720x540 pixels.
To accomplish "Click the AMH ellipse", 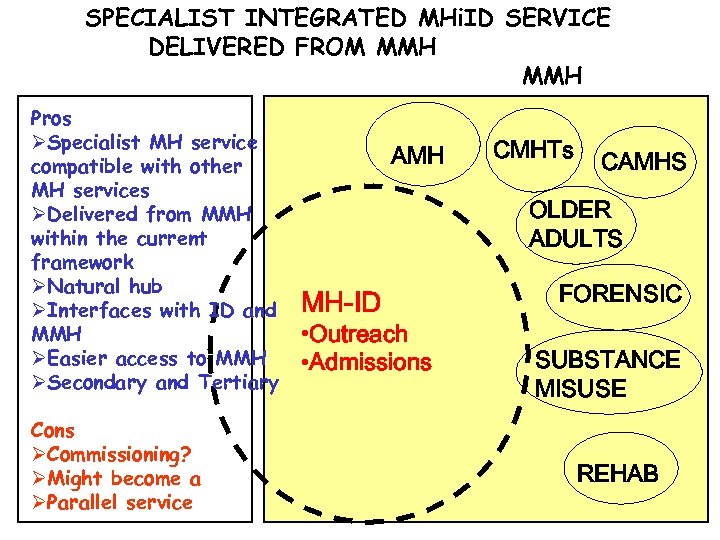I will pyautogui.click(x=417, y=155).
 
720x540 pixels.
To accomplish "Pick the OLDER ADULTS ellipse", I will pyautogui.click(x=575, y=224).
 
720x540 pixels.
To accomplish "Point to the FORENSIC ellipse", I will pyautogui.click(x=620, y=294).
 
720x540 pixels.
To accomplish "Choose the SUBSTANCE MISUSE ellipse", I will pyautogui.click(x=606, y=372).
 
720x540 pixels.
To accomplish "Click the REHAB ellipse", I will pyautogui.click(x=617, y=473).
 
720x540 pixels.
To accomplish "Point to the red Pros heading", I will pyautogui.click(x=51, y=118).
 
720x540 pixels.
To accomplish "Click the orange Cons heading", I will pyautogui.click(x=53, y=430).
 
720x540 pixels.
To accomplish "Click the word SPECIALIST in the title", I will pyautogui.click(x=161, y=18).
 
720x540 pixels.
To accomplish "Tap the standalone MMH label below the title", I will pyautogui.click(x=552, y=75).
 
